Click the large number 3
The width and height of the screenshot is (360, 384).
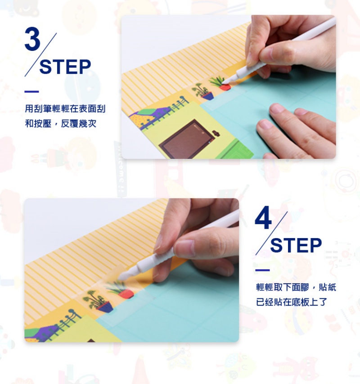point(32,39)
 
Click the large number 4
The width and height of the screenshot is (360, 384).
point(263,217)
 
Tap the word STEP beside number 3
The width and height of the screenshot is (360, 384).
point(65,67)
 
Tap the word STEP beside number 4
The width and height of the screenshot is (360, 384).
point(296,245)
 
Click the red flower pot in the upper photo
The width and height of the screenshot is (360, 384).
point(225,87)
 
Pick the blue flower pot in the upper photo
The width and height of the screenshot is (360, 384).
point(208,95)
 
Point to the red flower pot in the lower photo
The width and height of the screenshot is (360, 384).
point(126,294)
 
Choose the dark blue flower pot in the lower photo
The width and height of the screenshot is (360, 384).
point(106,307)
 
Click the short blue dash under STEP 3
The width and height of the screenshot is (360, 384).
point(31,91)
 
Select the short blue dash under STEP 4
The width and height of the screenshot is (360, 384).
point(262,270)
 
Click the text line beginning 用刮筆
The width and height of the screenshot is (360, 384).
point(65,108)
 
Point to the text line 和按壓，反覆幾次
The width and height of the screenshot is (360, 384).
point(60,124)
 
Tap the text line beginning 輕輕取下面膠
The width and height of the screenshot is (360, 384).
point(296,287)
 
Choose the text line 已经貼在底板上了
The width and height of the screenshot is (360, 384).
point(291,302)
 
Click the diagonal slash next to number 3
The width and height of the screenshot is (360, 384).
point(40,54)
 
